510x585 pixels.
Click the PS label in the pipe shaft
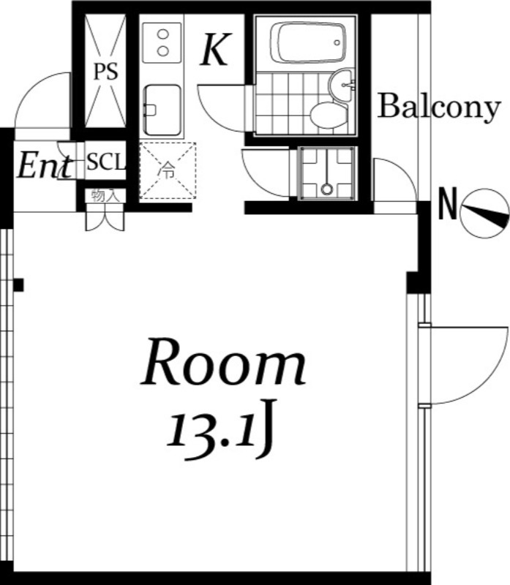pyautogui.click(x=105, y=72)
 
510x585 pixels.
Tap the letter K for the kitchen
pyautogui.click(x=216, y=49)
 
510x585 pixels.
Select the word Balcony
pyautogui.click(x=439, y=107)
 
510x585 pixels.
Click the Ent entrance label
pyautogui.click(x=45, y=166)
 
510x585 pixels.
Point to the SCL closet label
pyautogui.click(x=105, y=162)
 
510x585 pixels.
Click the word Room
pyautogui.click(x=224, y=362)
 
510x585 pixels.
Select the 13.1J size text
pyautogui.click(x=222, y=429)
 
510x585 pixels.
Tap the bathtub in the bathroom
pyautogui.click(x=308, y=42)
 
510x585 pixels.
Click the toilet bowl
pyautogui.click(x=329, y=116)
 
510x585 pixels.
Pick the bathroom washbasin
pyautogui.click(x=341, y=86)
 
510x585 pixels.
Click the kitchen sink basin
pyautogui.click(x=162, y=110)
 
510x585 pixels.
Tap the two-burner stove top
pyautogui.click(x=162, y=42)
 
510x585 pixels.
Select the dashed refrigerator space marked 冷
pyautogui.click(x=168, y=170)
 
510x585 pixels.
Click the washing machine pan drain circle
pyautogui.click(x=326, y=189)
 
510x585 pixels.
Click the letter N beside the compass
pyautogui.click(x=448, y=204)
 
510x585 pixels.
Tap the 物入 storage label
pyautogui.click(x=105, y=195)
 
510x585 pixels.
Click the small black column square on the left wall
pyautogui.click(x=18, y=285)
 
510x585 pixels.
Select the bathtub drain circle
pyautogui.click(x=337, y=42)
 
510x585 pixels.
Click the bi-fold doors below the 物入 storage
pyautogui.click(x=105, y=222)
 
